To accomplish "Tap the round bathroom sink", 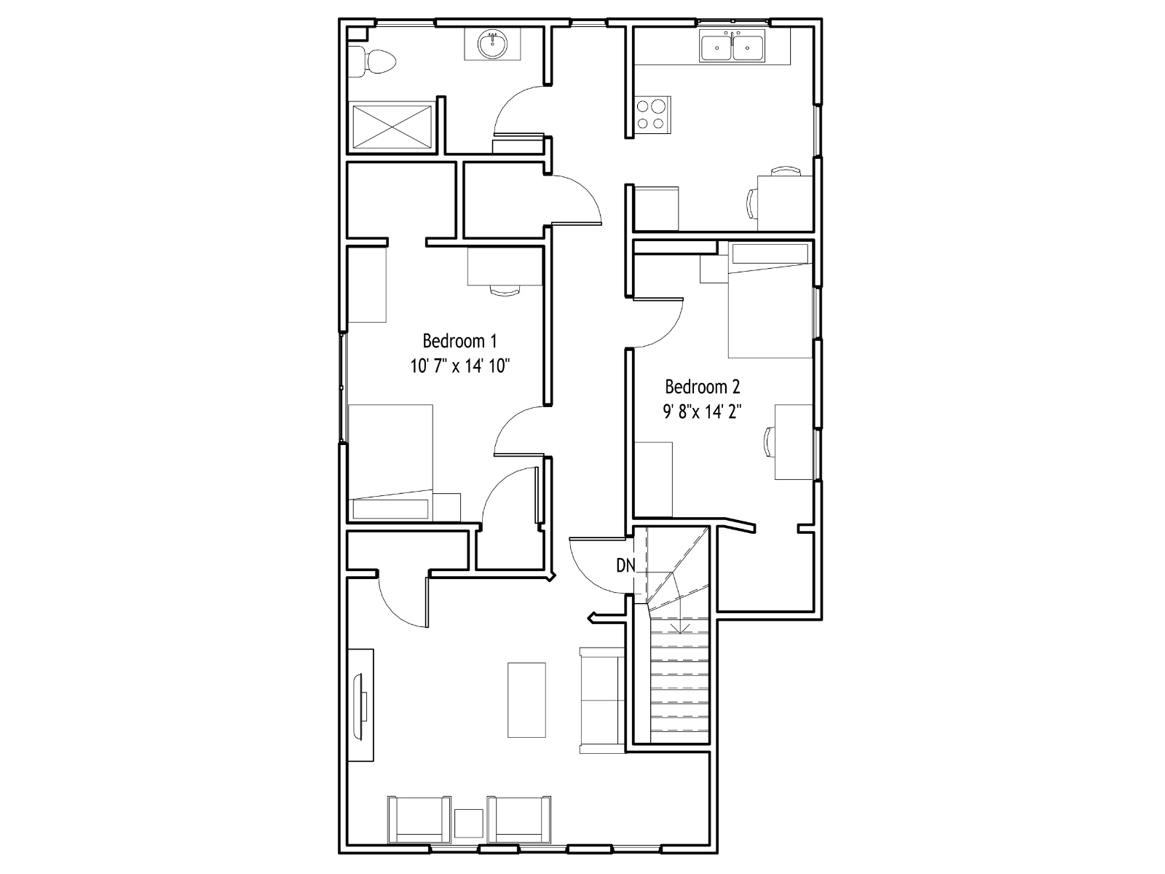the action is coord(492,44).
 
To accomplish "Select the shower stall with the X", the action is coord(392,127).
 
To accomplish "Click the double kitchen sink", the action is coord(732,46).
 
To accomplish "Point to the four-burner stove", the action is coord(652,114).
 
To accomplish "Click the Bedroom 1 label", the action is coord(459,341).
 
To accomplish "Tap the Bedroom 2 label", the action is coord(702,387).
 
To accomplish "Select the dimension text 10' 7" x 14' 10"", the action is coord(459,366).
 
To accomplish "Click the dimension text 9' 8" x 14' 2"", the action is coord(702,412).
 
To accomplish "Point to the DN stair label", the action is coord(625,566).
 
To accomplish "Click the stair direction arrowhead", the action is coord(680,629).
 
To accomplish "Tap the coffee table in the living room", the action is coord(526,700).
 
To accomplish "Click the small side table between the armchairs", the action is coord(469,824).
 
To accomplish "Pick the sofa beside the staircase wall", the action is coord(602,700).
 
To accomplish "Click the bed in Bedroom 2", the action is coord(770,300).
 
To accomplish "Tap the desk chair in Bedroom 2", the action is coord(768,442).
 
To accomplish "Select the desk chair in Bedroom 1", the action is coord(505,291).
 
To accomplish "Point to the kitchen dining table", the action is coord(785,202).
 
